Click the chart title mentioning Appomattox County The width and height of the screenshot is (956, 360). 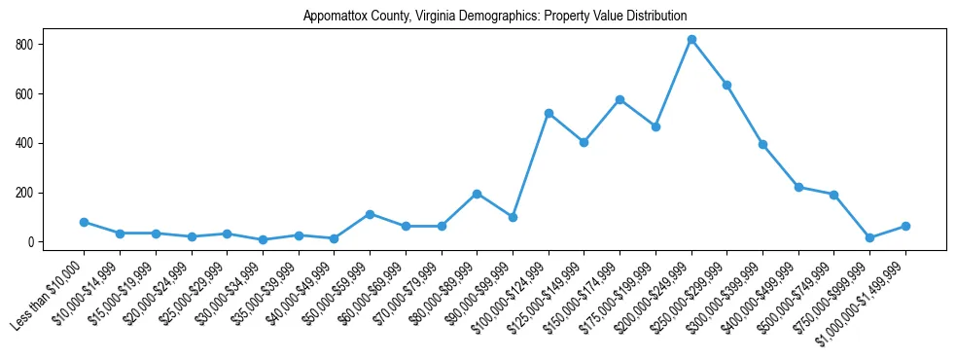coord(495,17)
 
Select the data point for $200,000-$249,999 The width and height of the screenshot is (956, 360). coord(691,40)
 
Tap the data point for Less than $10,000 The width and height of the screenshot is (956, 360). coord(84,222)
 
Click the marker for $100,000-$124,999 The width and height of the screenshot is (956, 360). coord(549,114)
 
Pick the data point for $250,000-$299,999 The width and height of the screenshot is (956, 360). coord(726,85)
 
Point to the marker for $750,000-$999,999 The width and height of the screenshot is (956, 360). coord(869,237)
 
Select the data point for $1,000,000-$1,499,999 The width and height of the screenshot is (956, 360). coord(905,226)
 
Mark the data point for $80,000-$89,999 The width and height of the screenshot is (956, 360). coord(477,194)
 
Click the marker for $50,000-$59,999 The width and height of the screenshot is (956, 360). coord(370,214)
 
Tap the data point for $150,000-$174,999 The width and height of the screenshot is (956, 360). coord(620,99)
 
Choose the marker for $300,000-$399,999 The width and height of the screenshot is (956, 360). coord(762,144)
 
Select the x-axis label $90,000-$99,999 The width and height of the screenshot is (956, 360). coord(480,291)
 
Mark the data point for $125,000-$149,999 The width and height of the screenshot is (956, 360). coord(584,142)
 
